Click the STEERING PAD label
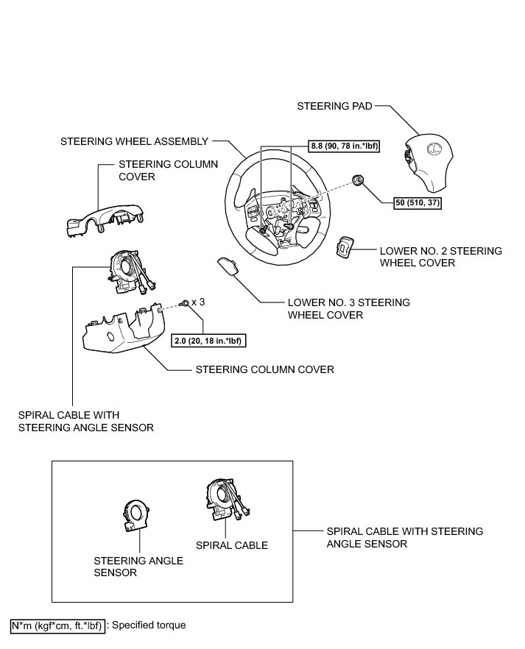pyautogui.click(x=334, y=106)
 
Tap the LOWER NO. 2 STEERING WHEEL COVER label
pyautogui.click(x=440, y=256)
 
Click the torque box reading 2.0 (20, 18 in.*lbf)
pyautogui.click(x=208, y=339)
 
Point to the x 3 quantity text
pyautogui.click(x=198, y=302)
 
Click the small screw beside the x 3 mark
pyautogui.click(x=183, y=302)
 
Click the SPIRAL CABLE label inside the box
pyautogui.click(x=231, y=545)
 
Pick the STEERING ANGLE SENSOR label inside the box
pyautogui.click(x=138, y=567)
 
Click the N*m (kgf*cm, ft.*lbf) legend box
pyautogui.click(x=57, y=625)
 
